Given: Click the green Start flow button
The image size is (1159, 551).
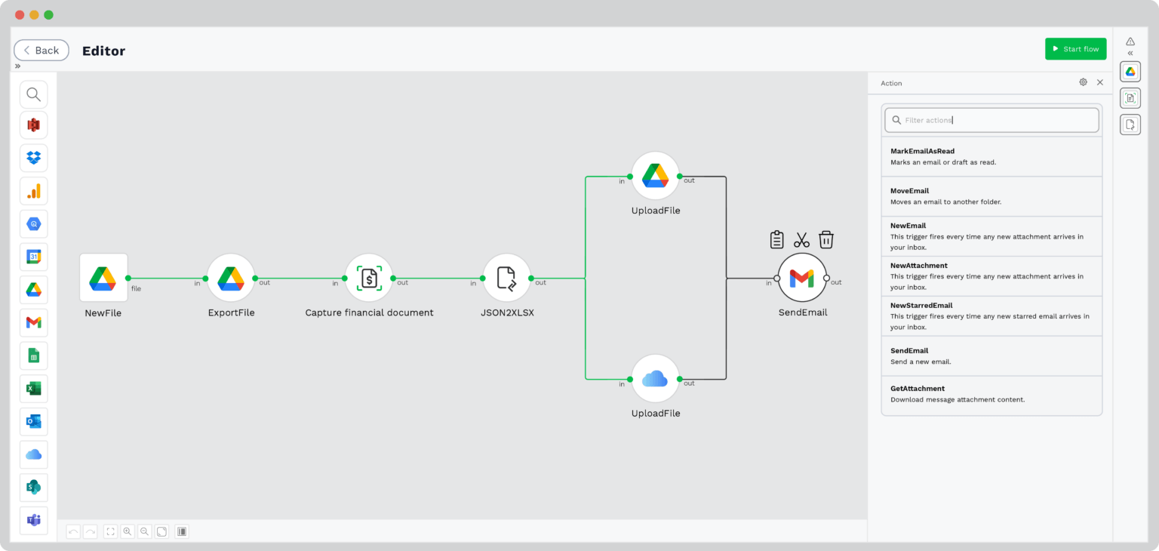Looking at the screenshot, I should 1075,49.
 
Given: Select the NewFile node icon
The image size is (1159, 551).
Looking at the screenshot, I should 103,278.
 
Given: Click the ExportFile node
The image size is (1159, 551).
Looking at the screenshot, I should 231,278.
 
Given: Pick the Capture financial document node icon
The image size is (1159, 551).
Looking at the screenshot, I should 369,278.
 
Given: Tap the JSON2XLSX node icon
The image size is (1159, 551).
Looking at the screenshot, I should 506,278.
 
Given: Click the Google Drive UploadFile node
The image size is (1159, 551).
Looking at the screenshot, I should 655,176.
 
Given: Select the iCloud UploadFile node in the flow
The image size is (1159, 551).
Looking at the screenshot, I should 655,379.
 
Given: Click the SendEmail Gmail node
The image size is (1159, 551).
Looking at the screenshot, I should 801,279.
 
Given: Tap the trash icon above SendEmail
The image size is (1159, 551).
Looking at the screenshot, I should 826,240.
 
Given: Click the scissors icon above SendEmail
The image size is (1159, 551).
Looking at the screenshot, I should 801,240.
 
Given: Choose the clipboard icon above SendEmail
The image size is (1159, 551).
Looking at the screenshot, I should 776,240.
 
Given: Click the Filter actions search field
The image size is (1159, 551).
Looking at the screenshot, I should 991,120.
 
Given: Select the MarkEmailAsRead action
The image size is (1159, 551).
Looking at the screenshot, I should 991,156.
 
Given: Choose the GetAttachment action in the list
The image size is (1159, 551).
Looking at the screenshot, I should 991,394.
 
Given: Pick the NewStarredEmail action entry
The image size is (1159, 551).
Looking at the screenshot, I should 991,316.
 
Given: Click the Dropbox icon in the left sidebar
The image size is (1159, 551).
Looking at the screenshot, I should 33,158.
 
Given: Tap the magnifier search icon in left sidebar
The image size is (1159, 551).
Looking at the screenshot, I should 33,94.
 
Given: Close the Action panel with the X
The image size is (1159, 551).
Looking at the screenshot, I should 1100,82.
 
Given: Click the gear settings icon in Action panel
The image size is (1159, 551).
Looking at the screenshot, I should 1083,82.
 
